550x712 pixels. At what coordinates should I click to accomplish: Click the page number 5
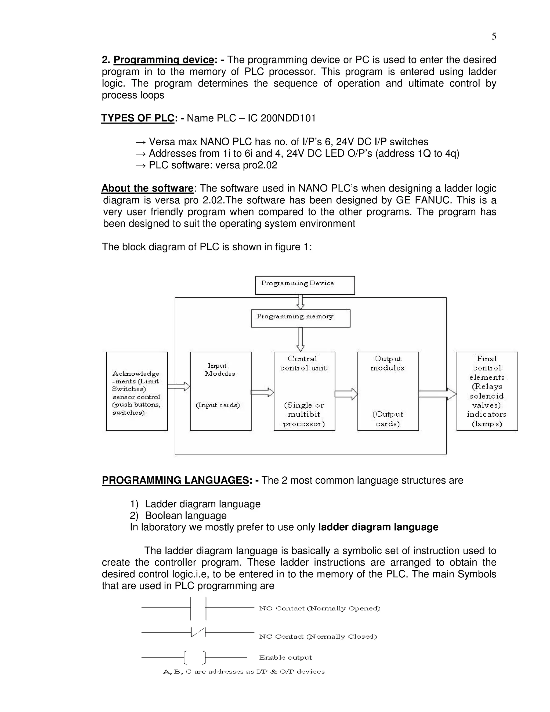coord(494,37)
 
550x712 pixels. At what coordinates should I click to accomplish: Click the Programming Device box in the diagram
coord(305,285)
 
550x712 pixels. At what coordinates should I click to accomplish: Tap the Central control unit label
coord(303,363)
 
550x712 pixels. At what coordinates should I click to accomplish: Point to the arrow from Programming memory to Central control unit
coord(301,339)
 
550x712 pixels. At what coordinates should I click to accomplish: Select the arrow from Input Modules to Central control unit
coord(262,392)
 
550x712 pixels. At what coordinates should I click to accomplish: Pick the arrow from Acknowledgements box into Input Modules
coord(179,387)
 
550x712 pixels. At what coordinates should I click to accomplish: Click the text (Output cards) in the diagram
coord(388,419)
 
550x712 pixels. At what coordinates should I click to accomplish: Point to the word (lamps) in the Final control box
coord(487,424)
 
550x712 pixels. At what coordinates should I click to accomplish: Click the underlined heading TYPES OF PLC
coord(138,118)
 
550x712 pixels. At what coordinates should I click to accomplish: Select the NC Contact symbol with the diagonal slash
coord(198,632)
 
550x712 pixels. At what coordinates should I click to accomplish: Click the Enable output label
coord(285,657)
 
